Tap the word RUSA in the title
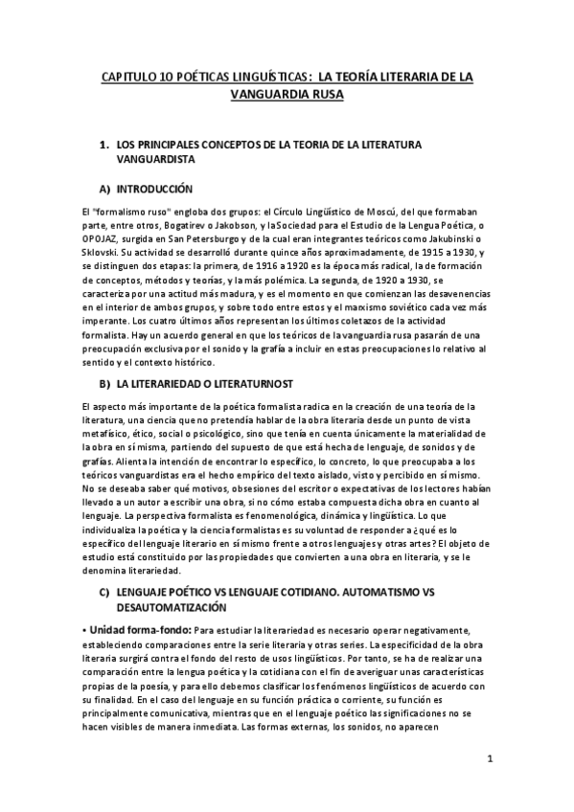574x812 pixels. point(324,95)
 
